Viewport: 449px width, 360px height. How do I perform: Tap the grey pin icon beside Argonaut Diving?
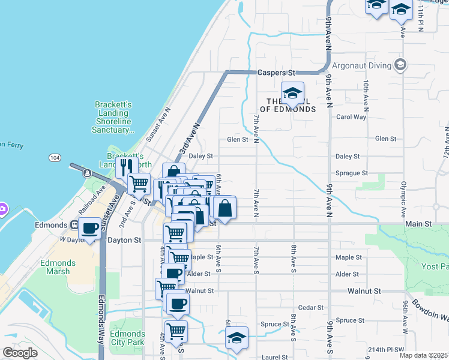pyautogui.click(x=400, y=65)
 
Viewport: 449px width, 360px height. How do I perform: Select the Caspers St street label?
pyautogui.click(x=277, y=73)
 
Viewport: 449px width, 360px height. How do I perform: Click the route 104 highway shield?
pyautogui.click(x=55, y=157)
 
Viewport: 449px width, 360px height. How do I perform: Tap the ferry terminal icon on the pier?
pyautogui.click(x=87, y=173)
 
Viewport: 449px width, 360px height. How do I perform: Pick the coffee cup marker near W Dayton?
pyautogui.click(x=90, y=229)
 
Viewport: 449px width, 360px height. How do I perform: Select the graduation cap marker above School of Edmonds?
pyautogui.click(x=292, y=93)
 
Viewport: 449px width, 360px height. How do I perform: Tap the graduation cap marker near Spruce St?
pyautogui.click(x=237, y=337)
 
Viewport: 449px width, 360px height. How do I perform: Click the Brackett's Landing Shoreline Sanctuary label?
pyautogui.click(x=113, y=117)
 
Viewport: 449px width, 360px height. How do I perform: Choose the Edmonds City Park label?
pyautogui.click(x=128, y=338)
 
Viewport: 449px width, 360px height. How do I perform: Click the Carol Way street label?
pyautogui.click(x=351, y=117)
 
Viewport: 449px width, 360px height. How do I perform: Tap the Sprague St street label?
pyautogui.click(x=352, y=173)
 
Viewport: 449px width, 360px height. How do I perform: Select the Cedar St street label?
pyautogui.click(x=311, y=308)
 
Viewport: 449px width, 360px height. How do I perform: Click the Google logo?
pyautogui.click(x=20, y=353)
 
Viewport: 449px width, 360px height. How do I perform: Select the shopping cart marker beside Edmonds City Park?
pyautogui.click(x=176, y=331)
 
